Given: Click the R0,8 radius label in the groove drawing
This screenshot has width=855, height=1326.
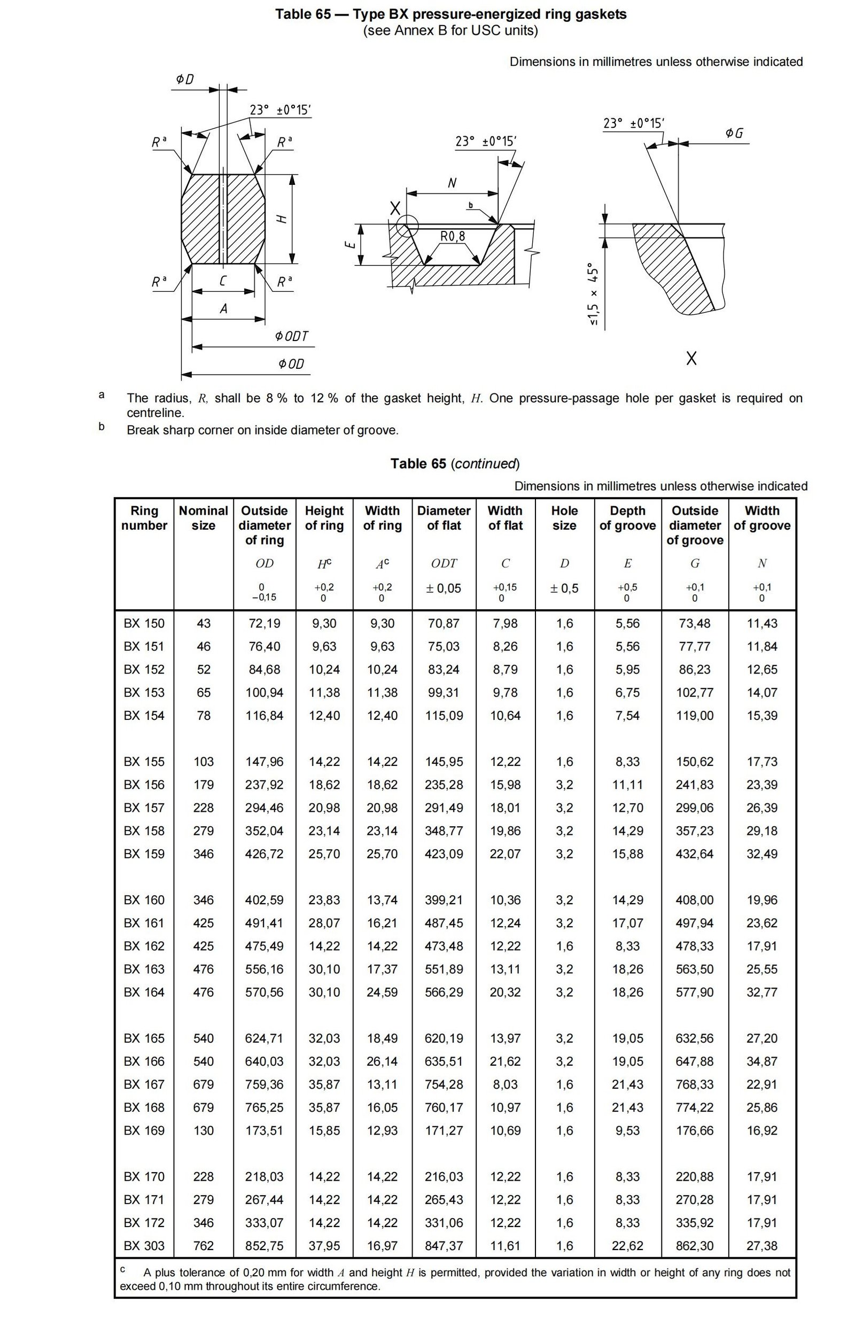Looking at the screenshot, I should click(453, 237).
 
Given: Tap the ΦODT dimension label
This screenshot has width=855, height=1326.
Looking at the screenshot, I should click(291, 337).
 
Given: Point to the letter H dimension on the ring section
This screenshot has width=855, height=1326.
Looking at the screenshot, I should click(282, 219).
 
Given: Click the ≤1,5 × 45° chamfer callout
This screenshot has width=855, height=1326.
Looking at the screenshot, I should click(594, 294).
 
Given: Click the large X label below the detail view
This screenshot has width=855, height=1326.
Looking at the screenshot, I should click(691, 359).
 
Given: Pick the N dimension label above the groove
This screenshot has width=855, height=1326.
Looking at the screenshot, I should click(452, 183).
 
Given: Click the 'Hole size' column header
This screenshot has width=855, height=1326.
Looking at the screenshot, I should click(564, 517).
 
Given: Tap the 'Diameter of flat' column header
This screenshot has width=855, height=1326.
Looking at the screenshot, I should click(444, 517).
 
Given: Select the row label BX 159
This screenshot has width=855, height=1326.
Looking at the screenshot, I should click(144, 854).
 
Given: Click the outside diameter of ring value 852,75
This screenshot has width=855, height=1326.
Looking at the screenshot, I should click(265, 1245).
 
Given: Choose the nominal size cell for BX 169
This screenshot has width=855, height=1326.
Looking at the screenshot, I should click(203, 1130).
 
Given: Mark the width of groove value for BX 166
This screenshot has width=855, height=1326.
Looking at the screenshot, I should click(761, 1061).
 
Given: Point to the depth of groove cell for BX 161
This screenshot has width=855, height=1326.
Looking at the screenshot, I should click(627, 923).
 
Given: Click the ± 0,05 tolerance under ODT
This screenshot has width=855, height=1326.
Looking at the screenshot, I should click(444, 588).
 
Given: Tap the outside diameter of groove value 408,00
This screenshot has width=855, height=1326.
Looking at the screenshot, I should click(695, 899).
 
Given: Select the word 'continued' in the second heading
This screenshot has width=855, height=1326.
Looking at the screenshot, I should click(484, 464).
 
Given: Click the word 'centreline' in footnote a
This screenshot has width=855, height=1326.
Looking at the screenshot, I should click(154, 413).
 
